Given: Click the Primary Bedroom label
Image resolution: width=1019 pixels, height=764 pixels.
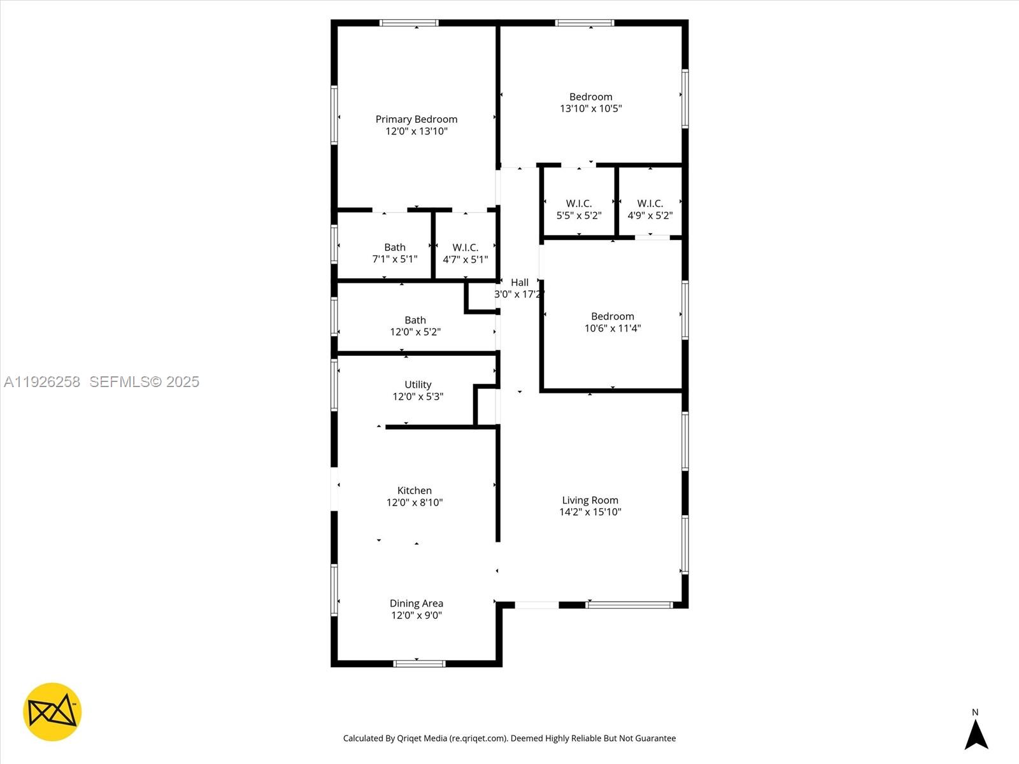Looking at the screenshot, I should click(x=416, y=119).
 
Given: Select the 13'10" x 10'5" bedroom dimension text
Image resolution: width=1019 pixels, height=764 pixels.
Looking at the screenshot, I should click(x=590, y=108).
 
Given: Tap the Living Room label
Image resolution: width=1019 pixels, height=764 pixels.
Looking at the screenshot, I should click(x=590, y=500).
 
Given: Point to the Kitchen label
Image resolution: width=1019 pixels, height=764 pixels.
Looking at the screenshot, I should click(x=414, y=490).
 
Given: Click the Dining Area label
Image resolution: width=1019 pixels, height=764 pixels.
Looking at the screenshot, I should click(x=416, y=603).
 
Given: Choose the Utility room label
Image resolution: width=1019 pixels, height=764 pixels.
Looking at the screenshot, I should click(x=418, y=385).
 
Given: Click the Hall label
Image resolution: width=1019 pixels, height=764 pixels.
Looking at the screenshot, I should click(x=520, y=282).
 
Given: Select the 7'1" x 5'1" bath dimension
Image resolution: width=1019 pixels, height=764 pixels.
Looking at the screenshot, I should click(x=394, y=259).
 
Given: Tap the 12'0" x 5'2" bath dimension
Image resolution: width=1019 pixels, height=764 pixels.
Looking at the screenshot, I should click(x=415, y=332).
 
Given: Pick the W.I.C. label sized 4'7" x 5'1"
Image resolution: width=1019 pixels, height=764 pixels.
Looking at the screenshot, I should click(x=465, y=247).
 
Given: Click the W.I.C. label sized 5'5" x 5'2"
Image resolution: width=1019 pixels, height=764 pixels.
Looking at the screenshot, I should click(x=578, y=203).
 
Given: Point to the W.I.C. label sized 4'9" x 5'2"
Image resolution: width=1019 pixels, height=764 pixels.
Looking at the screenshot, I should click(x=650, y=203).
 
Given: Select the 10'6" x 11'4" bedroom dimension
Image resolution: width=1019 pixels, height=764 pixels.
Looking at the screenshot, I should click(x=612, y=328).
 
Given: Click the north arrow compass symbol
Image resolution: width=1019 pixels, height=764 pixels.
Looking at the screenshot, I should click(x=976, y=733).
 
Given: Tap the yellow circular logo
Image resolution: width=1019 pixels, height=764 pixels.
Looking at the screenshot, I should click(x=52, y=712).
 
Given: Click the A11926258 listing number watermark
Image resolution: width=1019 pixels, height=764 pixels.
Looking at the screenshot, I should click(x=42, y=381).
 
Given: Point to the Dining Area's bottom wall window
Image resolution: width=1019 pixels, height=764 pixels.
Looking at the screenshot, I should click(x=418, y=663).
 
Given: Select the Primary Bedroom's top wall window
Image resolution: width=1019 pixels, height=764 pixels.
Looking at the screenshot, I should click(x=409, y=23).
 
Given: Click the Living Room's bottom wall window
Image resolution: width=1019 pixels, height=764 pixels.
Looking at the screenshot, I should click(x=629, y=605).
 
